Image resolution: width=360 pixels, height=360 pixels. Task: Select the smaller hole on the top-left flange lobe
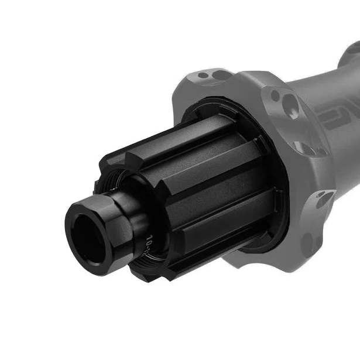coord(203,76)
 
